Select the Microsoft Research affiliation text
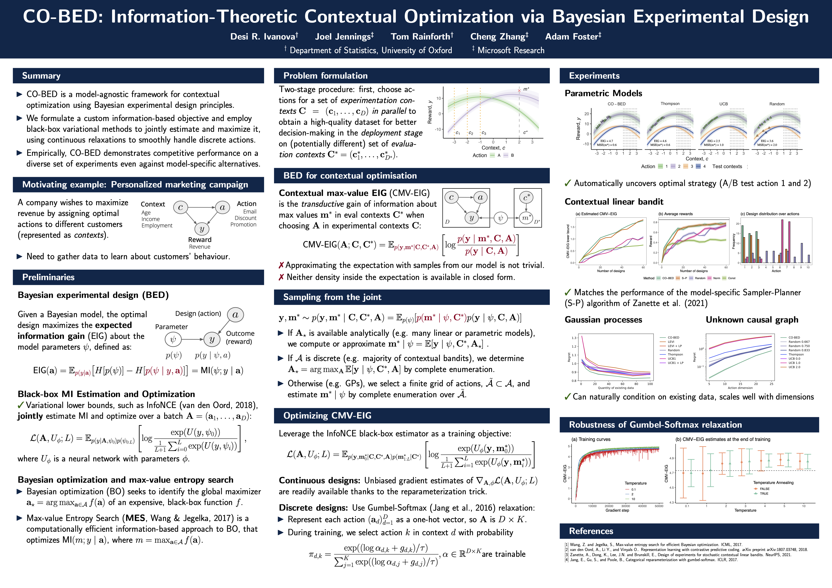tap(511, 50)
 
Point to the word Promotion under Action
tap(243, 225)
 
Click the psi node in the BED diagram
tap(173, 339)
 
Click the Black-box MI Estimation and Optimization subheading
tap(106, 394)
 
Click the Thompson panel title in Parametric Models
tap(670, 104)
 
